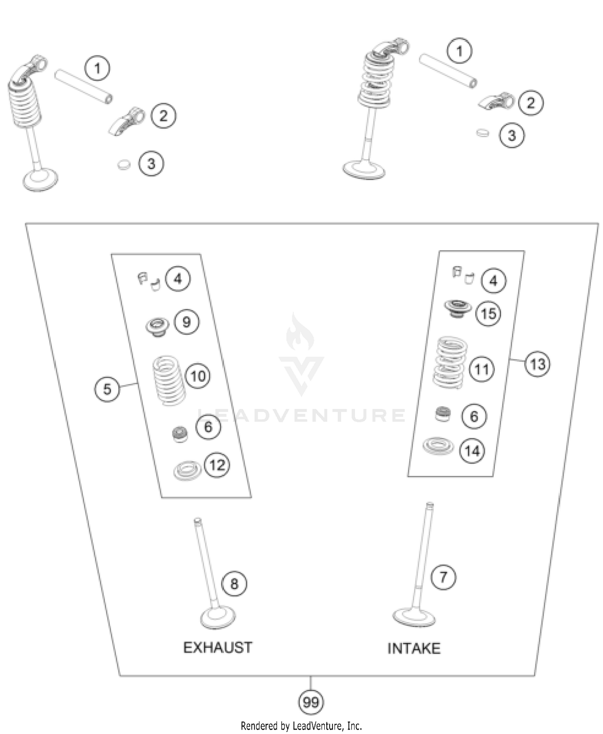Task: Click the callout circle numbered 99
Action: tap(311, 702)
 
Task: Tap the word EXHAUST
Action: tap(218, 647)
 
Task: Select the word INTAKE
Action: tap(414, 648)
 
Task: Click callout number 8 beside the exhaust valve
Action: tap(234, 584)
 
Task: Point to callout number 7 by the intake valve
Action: tap(443, 577)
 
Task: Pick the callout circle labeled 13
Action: tap(537, 364)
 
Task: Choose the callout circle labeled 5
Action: tap(107, 389)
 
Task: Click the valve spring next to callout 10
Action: tap(169, 380)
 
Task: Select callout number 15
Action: tap(488, 313)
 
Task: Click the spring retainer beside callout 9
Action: tap(157, 326)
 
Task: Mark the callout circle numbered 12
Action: tap(217, 465)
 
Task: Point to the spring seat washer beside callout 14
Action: tap(438, 446)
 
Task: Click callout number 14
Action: tap(472, 451)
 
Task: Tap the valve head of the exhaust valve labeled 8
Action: tap(217, 617)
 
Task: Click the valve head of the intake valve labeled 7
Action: tap(414, 617)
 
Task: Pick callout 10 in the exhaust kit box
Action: tap(198, 376)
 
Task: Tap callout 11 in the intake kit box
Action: tap(482, 369)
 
